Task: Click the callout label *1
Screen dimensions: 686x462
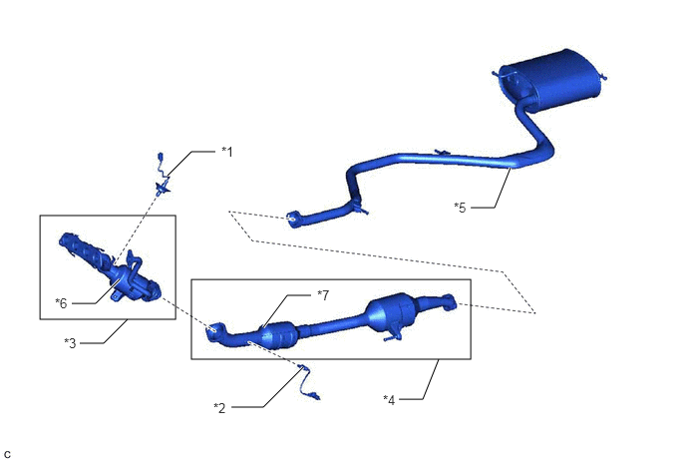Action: tap(227, 152)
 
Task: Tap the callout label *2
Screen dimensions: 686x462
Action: tap(219, 408)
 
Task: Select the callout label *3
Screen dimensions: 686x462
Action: tap(70, 343)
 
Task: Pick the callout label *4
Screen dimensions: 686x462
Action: tap(389, 400)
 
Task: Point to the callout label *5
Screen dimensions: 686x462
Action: tap(460, 208)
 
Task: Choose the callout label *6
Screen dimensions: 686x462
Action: tap(61, 303)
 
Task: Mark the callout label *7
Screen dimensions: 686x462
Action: tap(323, 295)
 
